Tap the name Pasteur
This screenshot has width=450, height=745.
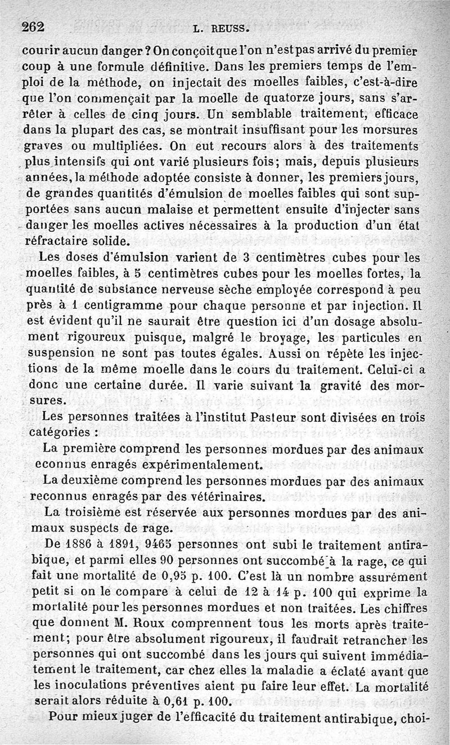click(281, 419)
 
